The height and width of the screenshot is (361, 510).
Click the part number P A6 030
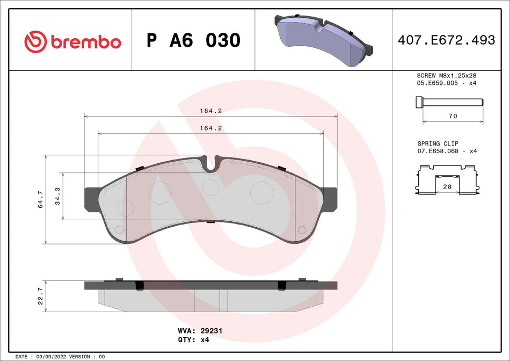pyautogui.click(x=194, y=40)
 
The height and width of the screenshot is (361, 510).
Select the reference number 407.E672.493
pyautogui.click(x=446, y=40)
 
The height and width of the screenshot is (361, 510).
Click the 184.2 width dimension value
pyautogui.click(x=211, y=111)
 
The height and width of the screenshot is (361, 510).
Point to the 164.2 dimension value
pyautogui.click(x=211, y=128)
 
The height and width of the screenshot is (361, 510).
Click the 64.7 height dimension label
pyautogui.click(x=41, y=200)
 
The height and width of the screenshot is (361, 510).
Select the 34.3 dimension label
pyautogui.click(x=57, y=197)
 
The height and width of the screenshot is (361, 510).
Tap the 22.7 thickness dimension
pyautogui.click(x=41, y=296)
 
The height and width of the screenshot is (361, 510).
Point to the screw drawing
pyautogui.click(x=449, y=102)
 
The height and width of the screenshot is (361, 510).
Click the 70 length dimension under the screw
pyautogui.click(x=453, y=116)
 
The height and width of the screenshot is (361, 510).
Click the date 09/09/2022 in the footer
pyautogui.click(x=50, y=357)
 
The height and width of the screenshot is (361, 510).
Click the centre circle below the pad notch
pyautogui.click(x=211, y=186)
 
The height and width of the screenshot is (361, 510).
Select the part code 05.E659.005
pyautogui.click(x=438, y=83)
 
